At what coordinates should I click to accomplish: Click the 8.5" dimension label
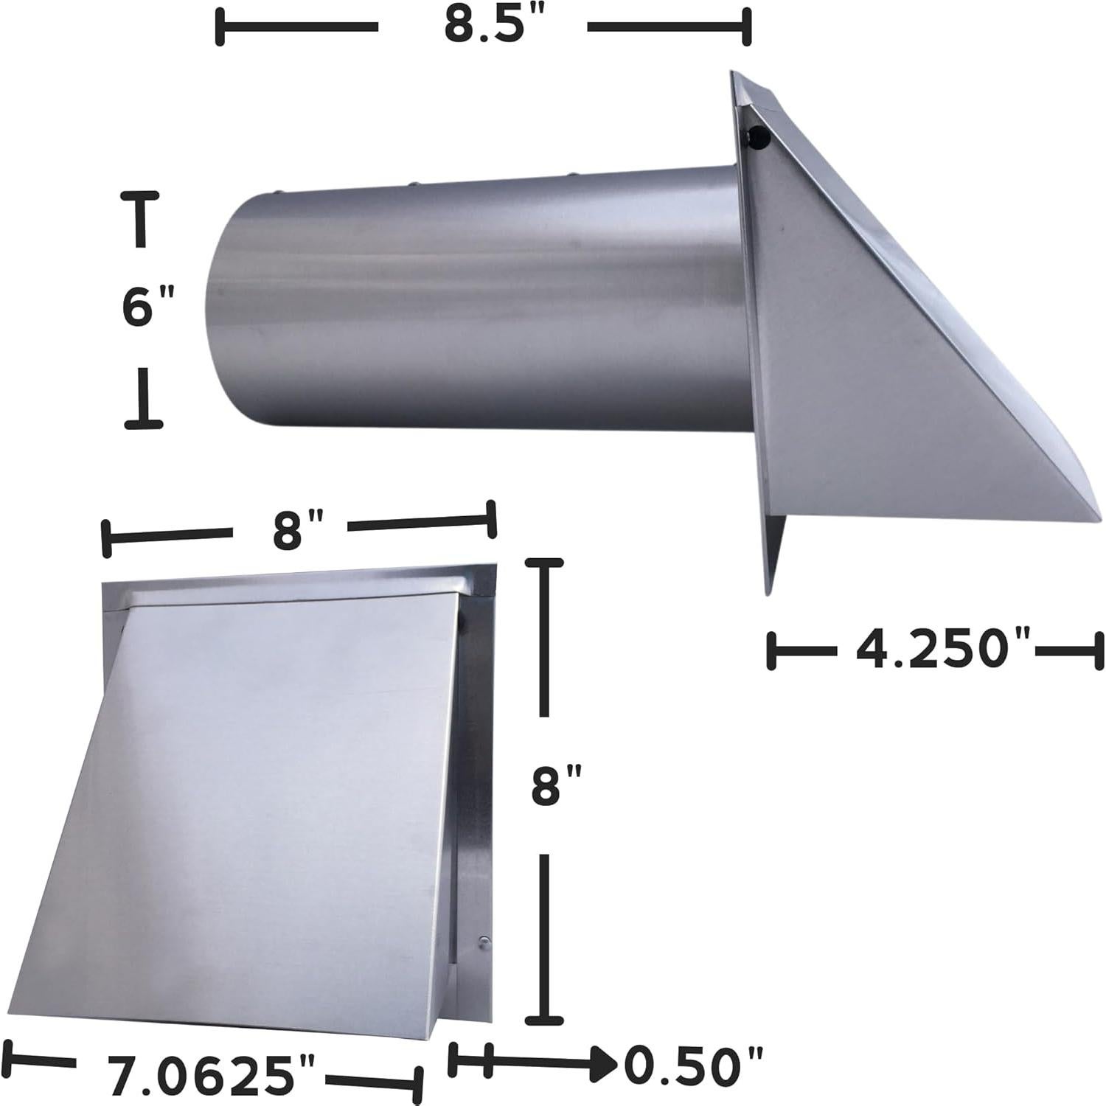[x=482, y=27]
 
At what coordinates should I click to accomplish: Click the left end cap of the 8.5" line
[x=220, y=28]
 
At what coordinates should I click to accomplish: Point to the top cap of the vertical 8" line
[x=544, y=562]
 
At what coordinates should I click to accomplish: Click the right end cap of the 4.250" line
[x=1099, y=650]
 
